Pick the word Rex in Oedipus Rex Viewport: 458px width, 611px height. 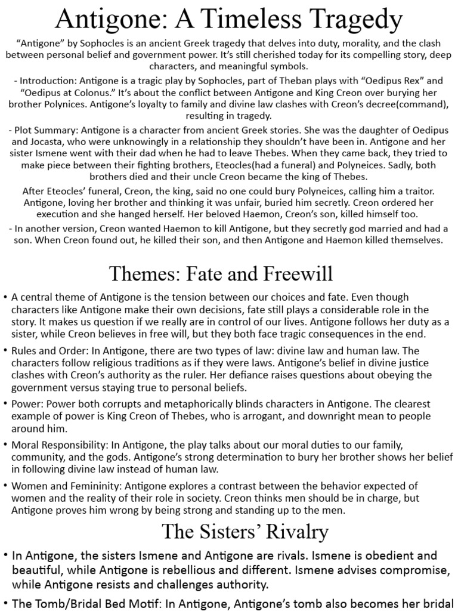[x=382, y=80]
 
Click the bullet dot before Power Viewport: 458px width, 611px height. [x=5, y=405]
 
